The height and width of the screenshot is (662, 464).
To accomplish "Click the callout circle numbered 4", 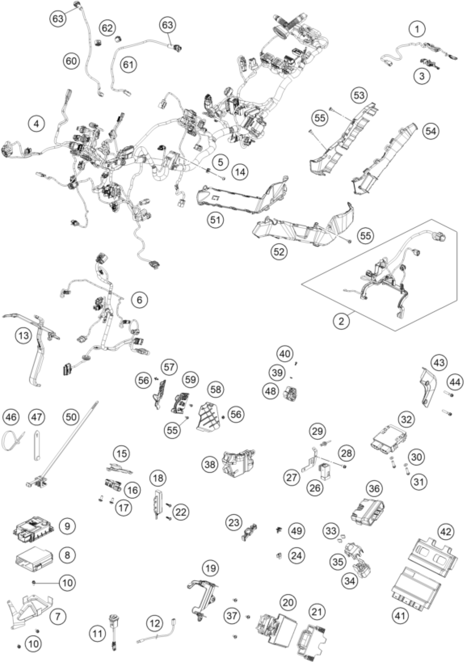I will (x=36, y=124).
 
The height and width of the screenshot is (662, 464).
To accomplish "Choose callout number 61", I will (x=129, y=64).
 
